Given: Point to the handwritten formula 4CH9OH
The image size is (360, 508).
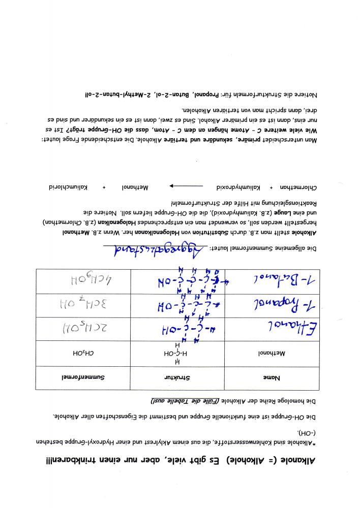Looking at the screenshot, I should pos(83,279).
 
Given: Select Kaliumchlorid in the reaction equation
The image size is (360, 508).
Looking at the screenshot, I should pos(66,187).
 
